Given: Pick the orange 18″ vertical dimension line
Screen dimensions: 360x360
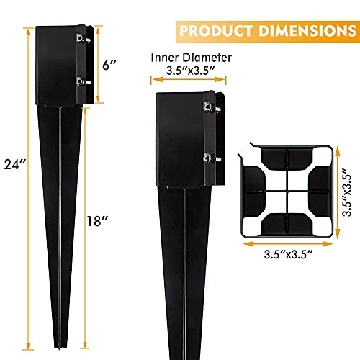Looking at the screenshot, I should [86, 216].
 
